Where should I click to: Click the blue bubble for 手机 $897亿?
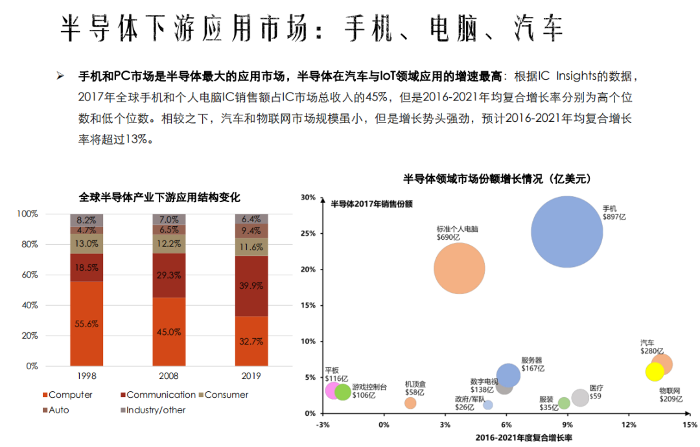click(x=567, y=232)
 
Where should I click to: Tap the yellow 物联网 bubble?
click(x=655, y=372)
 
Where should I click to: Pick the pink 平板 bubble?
click(x=333, y=390)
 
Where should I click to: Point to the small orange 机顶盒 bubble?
click(x=410, y=403)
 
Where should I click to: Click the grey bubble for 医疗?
click(x=581, y=398)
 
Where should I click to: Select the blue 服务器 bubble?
click(x=508, y=375)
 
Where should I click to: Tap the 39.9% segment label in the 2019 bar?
click(x=251, y=286)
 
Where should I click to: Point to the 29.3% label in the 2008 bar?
click(x=169, y=275)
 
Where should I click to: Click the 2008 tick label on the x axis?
click(x=169, y=376)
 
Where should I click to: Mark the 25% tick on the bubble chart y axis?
click(x=309, y=233)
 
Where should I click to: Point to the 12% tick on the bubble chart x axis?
click(x=628, y=425)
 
